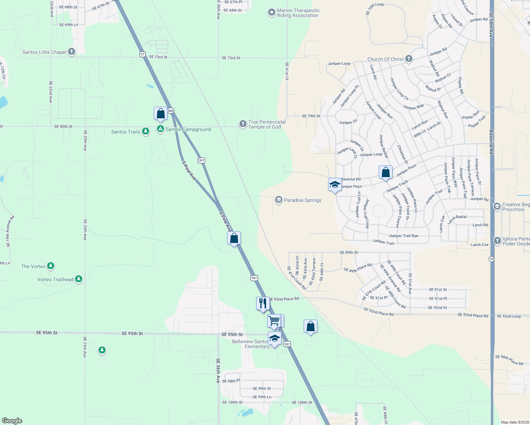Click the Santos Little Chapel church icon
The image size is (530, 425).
pos(72,52)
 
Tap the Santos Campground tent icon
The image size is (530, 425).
pos(160,129)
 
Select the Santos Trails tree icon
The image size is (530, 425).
pos(145,131)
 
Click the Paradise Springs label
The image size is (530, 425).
pos(303,200)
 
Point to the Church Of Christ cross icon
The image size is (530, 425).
pos(409,59)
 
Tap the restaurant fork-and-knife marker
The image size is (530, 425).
pos(263,304)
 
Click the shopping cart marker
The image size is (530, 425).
pos(274,321)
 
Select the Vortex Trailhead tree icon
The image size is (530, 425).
pos(79,279)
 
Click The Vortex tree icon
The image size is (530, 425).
pos(51,266)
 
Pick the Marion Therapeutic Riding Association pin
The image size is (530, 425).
pos(271,13)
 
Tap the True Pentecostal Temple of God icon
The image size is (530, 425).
pos(243,124)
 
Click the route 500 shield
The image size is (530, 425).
pos(171,111)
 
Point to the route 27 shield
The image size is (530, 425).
pos(142,54)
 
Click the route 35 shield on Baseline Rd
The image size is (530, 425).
pos(491,259)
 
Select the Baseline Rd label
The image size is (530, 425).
pos(491,142)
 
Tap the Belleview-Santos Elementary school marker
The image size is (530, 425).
pos(275,339)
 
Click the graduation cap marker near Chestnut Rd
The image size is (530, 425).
pos(335,185)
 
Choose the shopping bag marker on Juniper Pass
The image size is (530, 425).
pos(385,172)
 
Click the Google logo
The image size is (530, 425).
pos(12,421)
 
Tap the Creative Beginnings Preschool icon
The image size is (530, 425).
pos(497,206)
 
